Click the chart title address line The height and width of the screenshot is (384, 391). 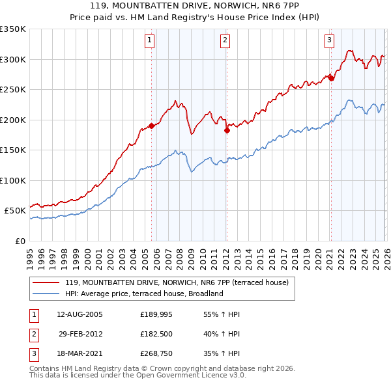coord(195,7)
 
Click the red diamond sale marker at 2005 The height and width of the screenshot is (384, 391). coord(152,126)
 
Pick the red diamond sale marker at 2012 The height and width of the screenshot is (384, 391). coord(227,130)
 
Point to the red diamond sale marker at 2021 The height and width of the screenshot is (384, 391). coord(331,78)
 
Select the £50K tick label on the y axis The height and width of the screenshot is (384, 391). coord(16,211)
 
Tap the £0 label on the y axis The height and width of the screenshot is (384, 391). coord(20,241)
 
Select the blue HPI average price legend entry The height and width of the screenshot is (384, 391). coord(144,294)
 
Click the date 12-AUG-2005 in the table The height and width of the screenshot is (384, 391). coord(80,314)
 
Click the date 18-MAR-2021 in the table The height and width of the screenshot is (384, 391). coord(80,355)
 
